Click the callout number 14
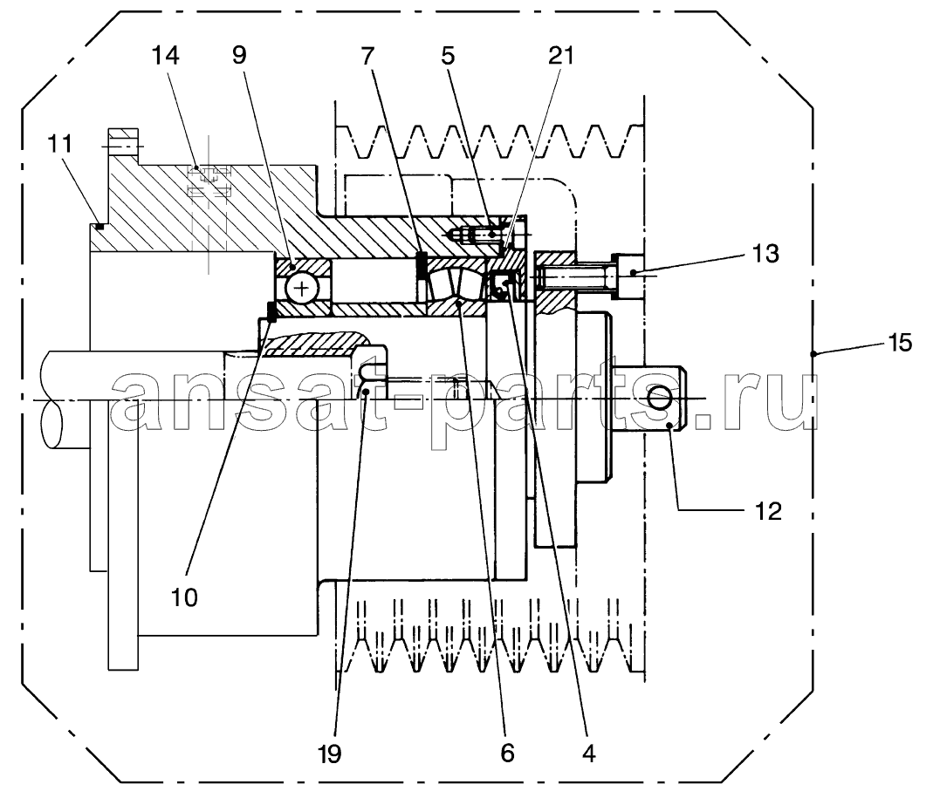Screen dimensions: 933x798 pos(165,56)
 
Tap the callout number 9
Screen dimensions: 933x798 pos(238,56)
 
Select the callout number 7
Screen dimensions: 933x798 pos(367,56)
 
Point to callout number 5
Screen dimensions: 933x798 pos(448,56)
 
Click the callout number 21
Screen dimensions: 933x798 pos(561,56)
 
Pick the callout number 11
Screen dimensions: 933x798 pos(60,144)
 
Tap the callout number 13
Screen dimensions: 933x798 pos(765,254)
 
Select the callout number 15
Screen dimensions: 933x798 pos(900,343)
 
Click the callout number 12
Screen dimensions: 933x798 pos(767,511)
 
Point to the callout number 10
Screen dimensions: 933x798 pos(184,597)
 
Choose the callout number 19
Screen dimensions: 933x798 pos(329,754)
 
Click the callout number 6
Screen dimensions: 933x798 pos(507,754)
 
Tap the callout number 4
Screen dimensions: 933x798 pos(588,754)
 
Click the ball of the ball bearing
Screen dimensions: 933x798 pos(302,290)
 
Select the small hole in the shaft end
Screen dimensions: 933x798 pos(661,397)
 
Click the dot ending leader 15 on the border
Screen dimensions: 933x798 pos(813,354)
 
